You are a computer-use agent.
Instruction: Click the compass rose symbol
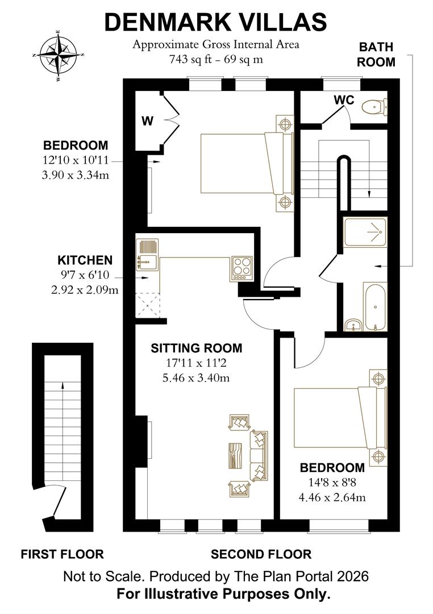pos(59,55)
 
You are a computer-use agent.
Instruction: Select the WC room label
pos(344,101)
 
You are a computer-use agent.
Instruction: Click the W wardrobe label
pos(147,121)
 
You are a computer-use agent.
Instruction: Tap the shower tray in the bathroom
pos(365,231)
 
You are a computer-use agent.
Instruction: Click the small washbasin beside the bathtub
pos(354,325)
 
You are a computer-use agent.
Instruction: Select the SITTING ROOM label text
pos(196,348)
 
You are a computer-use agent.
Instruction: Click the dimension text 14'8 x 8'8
pos(332,483)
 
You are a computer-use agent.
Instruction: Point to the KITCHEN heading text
pos(85,260)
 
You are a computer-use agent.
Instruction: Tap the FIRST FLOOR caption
pos(62,554)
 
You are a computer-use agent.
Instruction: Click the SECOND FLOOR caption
pos(261,554)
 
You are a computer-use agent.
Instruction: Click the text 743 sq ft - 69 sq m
pos(216,59)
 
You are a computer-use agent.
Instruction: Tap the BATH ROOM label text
pos(376,55)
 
